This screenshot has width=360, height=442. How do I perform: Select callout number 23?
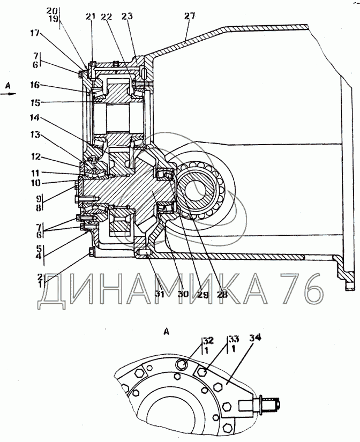click(127, 17)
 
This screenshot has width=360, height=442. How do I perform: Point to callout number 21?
click(91, 17)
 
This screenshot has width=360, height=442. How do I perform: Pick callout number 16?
click(35, 85)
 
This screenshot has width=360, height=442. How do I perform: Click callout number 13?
click(35, 136)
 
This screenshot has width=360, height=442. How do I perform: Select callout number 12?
click(35, 157)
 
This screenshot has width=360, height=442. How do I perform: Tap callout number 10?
click(35, 183)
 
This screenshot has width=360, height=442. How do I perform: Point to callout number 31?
click(159, 294)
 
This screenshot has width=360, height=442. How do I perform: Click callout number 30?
click(183, 294)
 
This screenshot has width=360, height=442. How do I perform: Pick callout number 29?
click(202, 294)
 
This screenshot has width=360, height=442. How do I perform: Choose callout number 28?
click(222, 294)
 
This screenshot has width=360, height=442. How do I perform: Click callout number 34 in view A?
click(255, 338)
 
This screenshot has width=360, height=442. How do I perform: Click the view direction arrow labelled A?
click(9, 94)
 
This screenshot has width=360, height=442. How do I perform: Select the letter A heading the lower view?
click(167, 332)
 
